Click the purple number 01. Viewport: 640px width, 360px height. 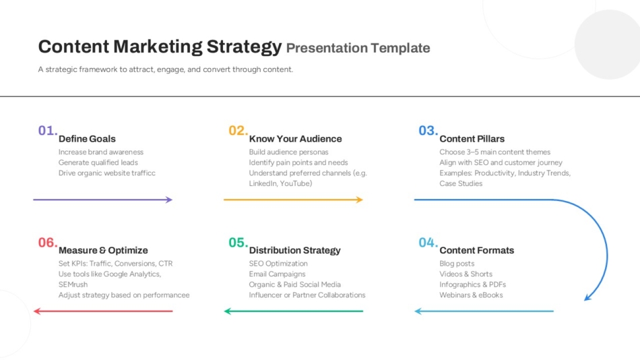[x=48, y=131]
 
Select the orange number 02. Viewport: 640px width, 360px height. [x=238, y=131]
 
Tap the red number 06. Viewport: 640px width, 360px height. [x=48, y=242]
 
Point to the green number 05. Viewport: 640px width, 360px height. [x=238, y=242]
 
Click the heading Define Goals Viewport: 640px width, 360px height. [x=87, y=139]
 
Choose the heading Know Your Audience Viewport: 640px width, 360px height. [x=296, y=139]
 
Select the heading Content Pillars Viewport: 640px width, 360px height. [x=472, y=139]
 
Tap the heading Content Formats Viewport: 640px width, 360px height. [x=477, y=250]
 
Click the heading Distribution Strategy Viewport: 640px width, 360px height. [x=294, y=250]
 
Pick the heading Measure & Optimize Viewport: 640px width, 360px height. [x=103, y=250]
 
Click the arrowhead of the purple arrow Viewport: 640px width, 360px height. [x=170, y=200]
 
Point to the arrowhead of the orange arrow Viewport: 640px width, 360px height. [x=360, y=200]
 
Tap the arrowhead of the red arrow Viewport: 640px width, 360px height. [x=37, y=311]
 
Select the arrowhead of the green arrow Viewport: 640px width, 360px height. [x=227, y=311]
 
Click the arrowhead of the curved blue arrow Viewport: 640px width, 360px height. [x=587, y=298]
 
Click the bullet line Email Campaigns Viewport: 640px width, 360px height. [x=277, y=274]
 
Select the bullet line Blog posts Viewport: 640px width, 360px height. [x=457, y=264]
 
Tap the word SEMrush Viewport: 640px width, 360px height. [x=73, y=284]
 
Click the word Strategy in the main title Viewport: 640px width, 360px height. [x=244, y=47]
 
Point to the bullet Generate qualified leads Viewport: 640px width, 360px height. [x=98, y=162]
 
